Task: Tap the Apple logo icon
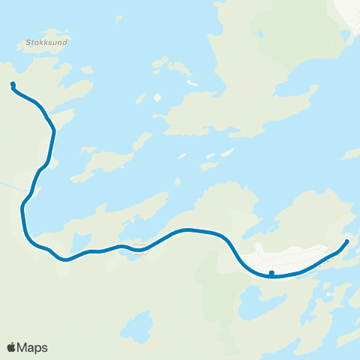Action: (11, 347)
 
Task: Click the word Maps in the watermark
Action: (32, 347)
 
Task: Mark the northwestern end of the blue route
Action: (13, 84)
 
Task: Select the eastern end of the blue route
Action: (347, 241)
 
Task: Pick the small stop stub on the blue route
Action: (271, 272)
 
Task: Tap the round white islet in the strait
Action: (157, 97)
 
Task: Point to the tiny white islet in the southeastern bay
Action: (331, 295)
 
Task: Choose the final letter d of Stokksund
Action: (66, 43)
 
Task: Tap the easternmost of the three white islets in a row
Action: (226, 152)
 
